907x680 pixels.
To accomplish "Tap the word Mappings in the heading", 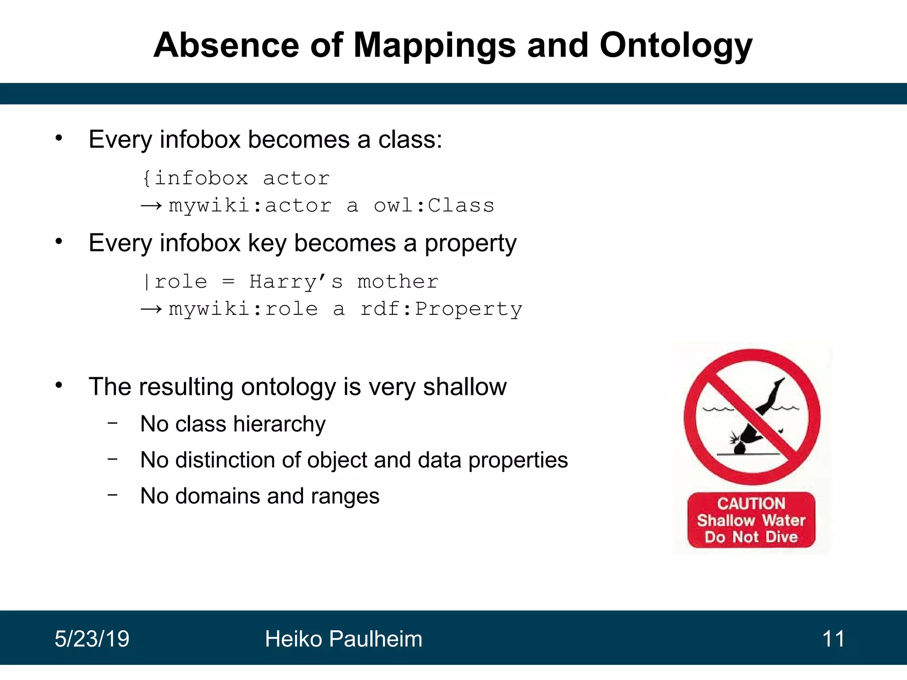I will point(434,46).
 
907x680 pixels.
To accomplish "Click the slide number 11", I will point(833,639).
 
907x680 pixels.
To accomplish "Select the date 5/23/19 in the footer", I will point(92,639).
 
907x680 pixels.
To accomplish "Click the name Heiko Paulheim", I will point(343,639).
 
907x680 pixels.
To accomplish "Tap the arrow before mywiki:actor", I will point(151,206).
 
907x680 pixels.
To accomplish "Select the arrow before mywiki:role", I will point(151,309).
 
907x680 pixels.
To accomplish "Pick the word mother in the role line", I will point(398,282).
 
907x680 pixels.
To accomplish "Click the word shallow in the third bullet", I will point(465,387).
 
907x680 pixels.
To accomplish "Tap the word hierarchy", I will point(279,424).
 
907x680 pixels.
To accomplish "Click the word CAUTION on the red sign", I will point(751,503).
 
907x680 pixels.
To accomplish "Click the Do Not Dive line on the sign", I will point(751,537).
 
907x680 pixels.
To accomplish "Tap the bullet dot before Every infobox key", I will point(59,242).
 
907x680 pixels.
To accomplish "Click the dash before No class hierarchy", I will point(113,423).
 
